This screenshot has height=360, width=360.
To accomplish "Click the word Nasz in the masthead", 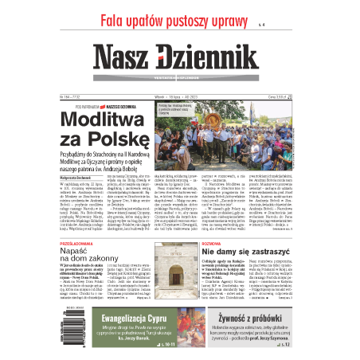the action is [x=126, y=58].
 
